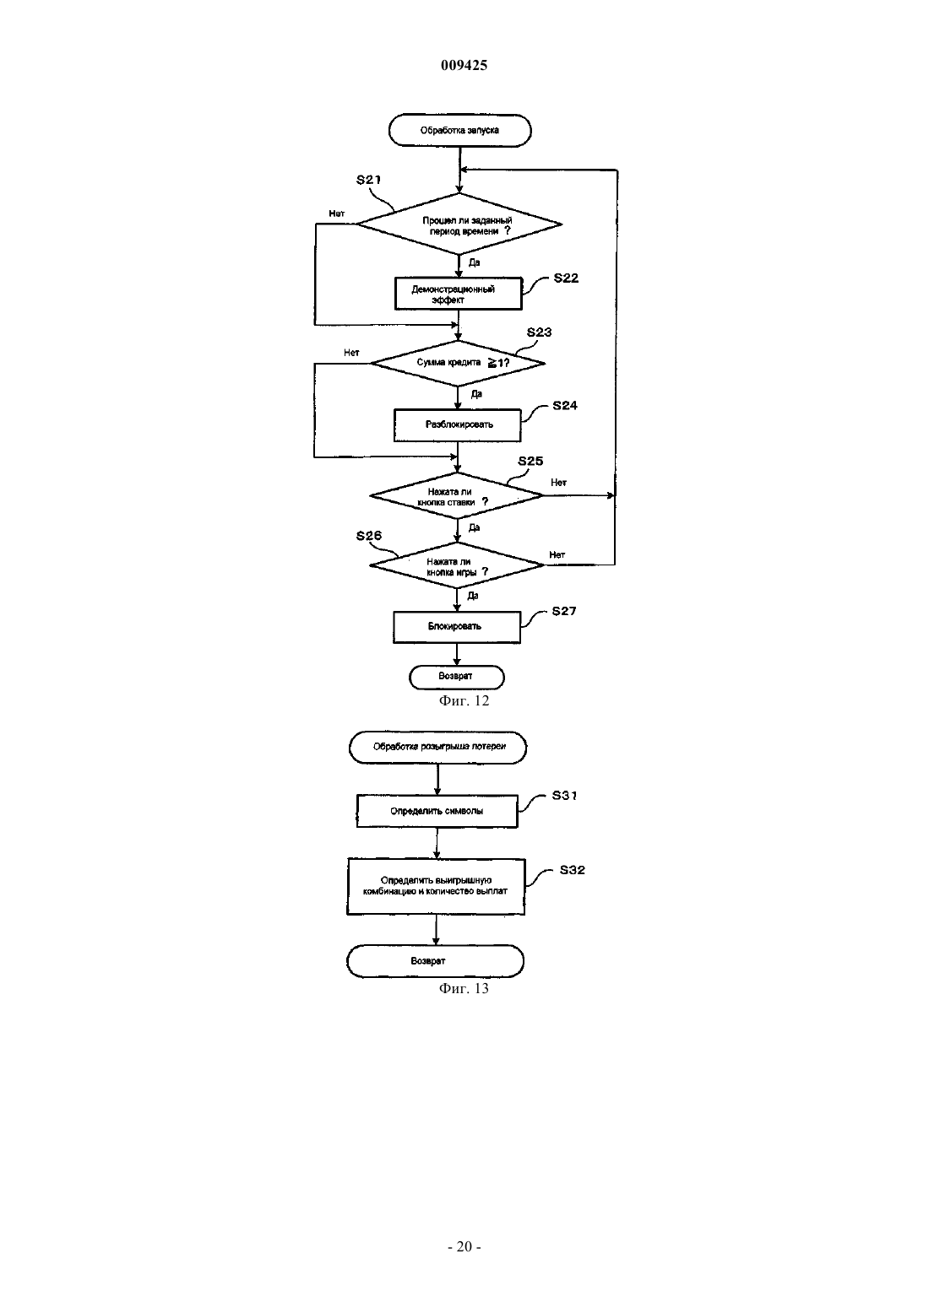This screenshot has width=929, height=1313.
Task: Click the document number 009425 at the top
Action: (464, 65)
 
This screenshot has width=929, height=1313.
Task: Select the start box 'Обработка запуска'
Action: (459, 130)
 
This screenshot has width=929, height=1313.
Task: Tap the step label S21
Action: (369, 180)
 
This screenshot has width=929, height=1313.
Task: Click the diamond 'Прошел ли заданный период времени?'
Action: (459, 224)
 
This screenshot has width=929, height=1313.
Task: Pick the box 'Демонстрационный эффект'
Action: (458, 294)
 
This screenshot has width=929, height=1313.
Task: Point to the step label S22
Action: (566, 278)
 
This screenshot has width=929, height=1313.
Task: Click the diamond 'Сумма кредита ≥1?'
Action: (458, 364)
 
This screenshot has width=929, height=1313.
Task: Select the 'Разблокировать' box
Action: (458, 425)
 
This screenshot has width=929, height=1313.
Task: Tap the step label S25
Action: (530, 461)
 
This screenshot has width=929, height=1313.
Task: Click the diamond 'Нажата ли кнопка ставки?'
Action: (457, 495)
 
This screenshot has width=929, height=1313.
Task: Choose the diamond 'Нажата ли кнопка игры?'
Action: (457, 565)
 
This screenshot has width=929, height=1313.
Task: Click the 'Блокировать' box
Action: (457, 627)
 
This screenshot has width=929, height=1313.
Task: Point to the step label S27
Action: (564, 611)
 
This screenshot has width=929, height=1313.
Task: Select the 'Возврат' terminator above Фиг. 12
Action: (457, 677)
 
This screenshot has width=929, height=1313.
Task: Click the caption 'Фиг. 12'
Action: (464, 700)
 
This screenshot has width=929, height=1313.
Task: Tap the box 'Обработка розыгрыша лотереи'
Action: (437, 748)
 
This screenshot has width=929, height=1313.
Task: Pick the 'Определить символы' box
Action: (437, 811)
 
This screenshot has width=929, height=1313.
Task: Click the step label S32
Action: (572, 870)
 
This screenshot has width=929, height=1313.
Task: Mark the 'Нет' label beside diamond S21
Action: (337, 213)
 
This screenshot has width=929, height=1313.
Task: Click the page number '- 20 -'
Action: (464, 1246)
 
